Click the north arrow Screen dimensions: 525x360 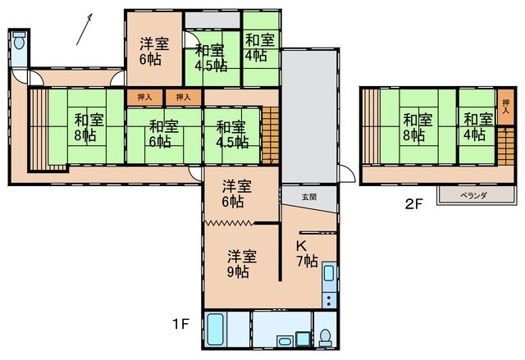pyautogui.click(x=84, y=30)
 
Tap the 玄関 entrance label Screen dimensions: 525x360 pyautogui.click(x=309, y=197)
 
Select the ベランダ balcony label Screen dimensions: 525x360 pyautogui.click(x=473, y=195)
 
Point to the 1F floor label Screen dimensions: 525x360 pyautogui.click(x=181, y=324)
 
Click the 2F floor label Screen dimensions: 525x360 pyautogui.click(x=414, y=203)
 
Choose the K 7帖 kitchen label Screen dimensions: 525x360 pyautogui.click(x=307, y=254)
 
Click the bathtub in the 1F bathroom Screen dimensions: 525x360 pyautogui.click(x=215, y=330)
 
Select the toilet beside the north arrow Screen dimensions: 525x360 pyautogui.click(x=20, y=40)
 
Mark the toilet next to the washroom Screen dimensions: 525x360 pyautogui.click(x=325, y=338)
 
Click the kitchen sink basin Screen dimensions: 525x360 pyautogui.click(x=329, y=273)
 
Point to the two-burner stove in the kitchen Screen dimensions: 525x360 pyautogui.click(x=329, y=300)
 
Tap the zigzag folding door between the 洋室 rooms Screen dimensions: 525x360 pyautogui.click(x=230, y=223)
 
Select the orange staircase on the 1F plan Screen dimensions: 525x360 pyautogui.click(x=271, y=135)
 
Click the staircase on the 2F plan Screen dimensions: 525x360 pyautogui.click(x=505, y=146)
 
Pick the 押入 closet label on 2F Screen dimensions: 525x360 pyautogui.click(x=505, y=107)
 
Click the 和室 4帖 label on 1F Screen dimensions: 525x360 pyautogui.click(x=260, y=48)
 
